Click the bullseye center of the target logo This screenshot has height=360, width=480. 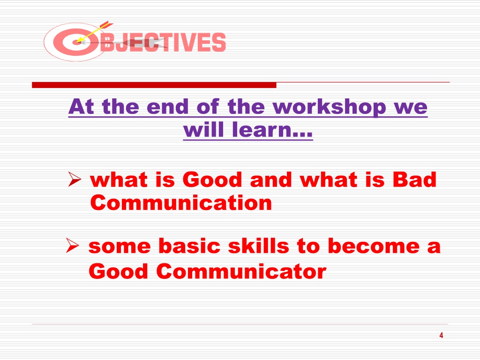tap(77, 42)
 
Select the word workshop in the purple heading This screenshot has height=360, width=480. tap(329, 107)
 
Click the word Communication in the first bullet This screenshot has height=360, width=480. tap(181, 202)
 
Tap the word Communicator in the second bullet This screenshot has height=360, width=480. tap(241, 271)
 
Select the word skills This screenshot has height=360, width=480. tap(259, 246)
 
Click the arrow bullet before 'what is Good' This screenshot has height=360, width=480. tap(75, 179)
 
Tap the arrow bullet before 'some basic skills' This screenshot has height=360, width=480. tap(73, 246)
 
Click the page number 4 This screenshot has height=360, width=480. tap(441, 335)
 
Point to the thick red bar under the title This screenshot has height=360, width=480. tap(154, 85)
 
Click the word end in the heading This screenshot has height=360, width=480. tap(167, 107)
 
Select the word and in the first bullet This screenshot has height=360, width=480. tap(271, 180)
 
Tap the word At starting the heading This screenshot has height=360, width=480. tap(81, 107)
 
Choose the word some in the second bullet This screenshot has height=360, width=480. tap(120, 247)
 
